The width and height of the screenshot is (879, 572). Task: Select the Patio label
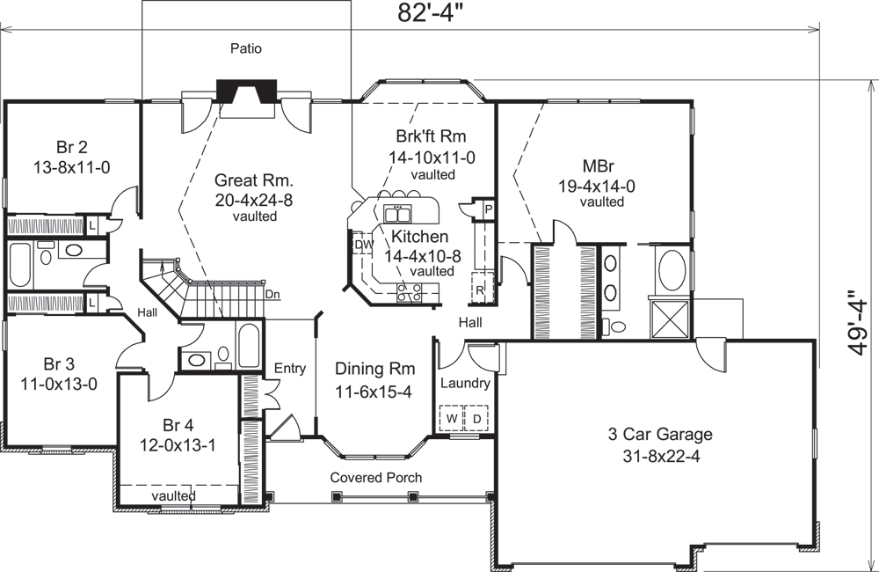click(x=246, y=48)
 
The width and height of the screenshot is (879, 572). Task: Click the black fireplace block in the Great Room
click(x=247, y=91)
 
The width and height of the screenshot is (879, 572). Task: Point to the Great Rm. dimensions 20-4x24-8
click(x=254, y=200)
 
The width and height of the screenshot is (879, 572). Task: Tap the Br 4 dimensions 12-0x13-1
click(x=178, y=446)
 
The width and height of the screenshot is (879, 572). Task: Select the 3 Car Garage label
click(x=660, y=434)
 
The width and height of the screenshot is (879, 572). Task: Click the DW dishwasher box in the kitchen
click(x=360, y=246)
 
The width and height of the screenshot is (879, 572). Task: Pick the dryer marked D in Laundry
click(x=476, y=418)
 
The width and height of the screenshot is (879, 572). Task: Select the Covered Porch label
click(x=375, y=477)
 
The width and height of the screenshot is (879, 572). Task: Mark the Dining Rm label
click(x=375, y=369)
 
